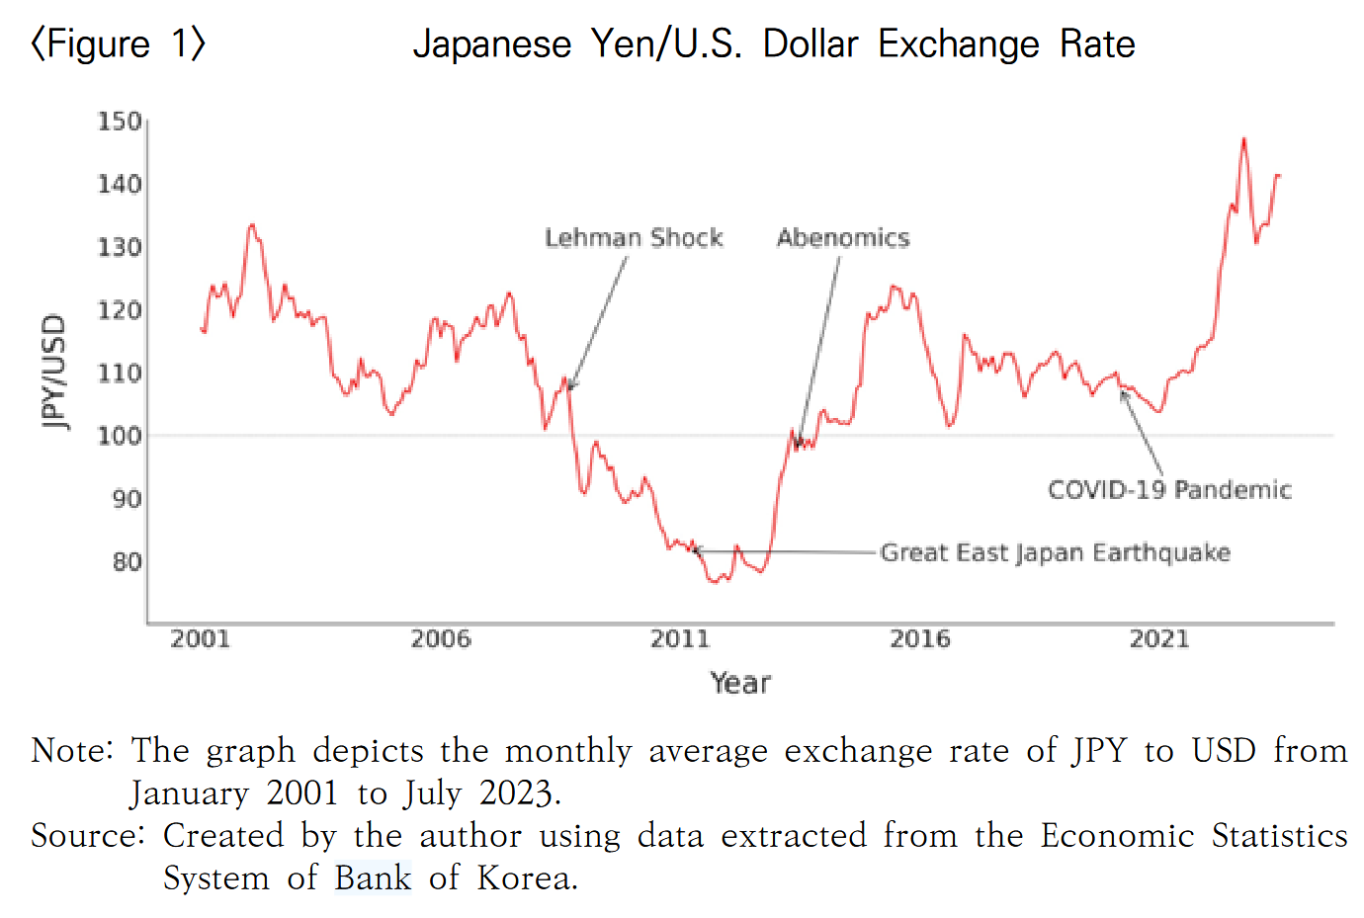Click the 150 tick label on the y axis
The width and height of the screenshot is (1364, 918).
tap(120, 122)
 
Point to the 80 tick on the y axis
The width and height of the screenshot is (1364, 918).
tap(127, 561)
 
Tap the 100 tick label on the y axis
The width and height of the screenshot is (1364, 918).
tap(120, 436)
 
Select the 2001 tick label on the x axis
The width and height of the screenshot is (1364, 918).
tap(200, 639)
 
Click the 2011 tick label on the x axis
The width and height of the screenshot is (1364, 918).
tap(680, 639)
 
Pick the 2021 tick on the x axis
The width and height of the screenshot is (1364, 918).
tap(1159, 639)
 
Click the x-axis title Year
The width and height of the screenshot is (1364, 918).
tap(740, 683)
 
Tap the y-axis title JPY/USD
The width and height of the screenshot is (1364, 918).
tap(54, 372)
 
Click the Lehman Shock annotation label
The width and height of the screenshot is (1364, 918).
tap(634, 238)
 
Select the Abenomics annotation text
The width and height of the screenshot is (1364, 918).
tap(843, 238)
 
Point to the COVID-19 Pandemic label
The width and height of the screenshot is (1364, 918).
tap(1169, 490)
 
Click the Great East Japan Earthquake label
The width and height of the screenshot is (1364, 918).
tap(1056, 552)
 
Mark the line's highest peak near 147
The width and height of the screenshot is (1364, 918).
tap(1243, 139)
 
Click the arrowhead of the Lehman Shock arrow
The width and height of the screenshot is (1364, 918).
tap(570, 387)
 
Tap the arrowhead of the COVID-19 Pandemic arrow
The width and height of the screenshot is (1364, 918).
tap(1122, 393)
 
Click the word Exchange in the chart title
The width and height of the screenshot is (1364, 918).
tap(959, 44)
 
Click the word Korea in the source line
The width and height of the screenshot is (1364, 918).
tap(526, 877)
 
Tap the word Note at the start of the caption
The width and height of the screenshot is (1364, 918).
tap(71, 751)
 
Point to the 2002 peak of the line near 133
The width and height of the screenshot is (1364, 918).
tap(252, 225)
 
